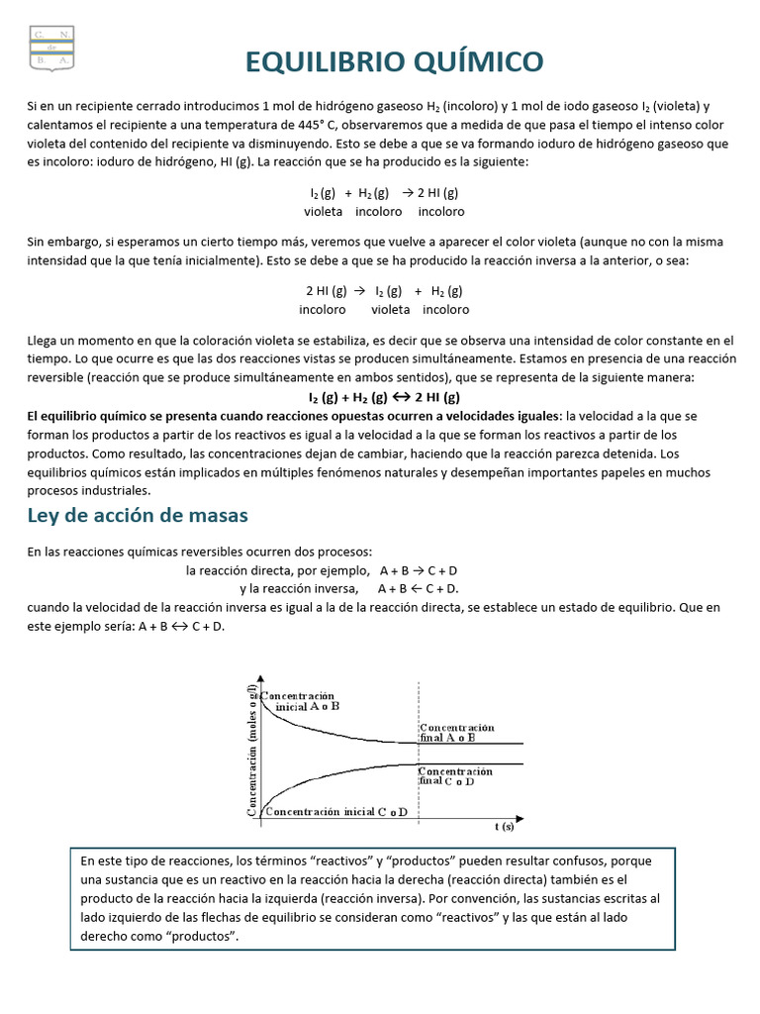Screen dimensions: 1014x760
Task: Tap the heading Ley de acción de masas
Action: tap(137, 515)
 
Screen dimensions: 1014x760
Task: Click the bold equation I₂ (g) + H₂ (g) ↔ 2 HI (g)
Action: tap(384, 397)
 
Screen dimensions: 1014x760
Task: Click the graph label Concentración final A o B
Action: tap(456, 733)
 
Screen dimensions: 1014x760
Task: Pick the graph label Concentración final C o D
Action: tap(455, 775)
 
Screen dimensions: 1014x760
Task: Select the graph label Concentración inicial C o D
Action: tap(335, 811)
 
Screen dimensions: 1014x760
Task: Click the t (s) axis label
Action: tap(505, 824)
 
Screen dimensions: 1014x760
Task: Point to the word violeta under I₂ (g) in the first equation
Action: tap(324, 212)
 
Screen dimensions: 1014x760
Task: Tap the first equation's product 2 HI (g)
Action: tap(436, 193)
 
